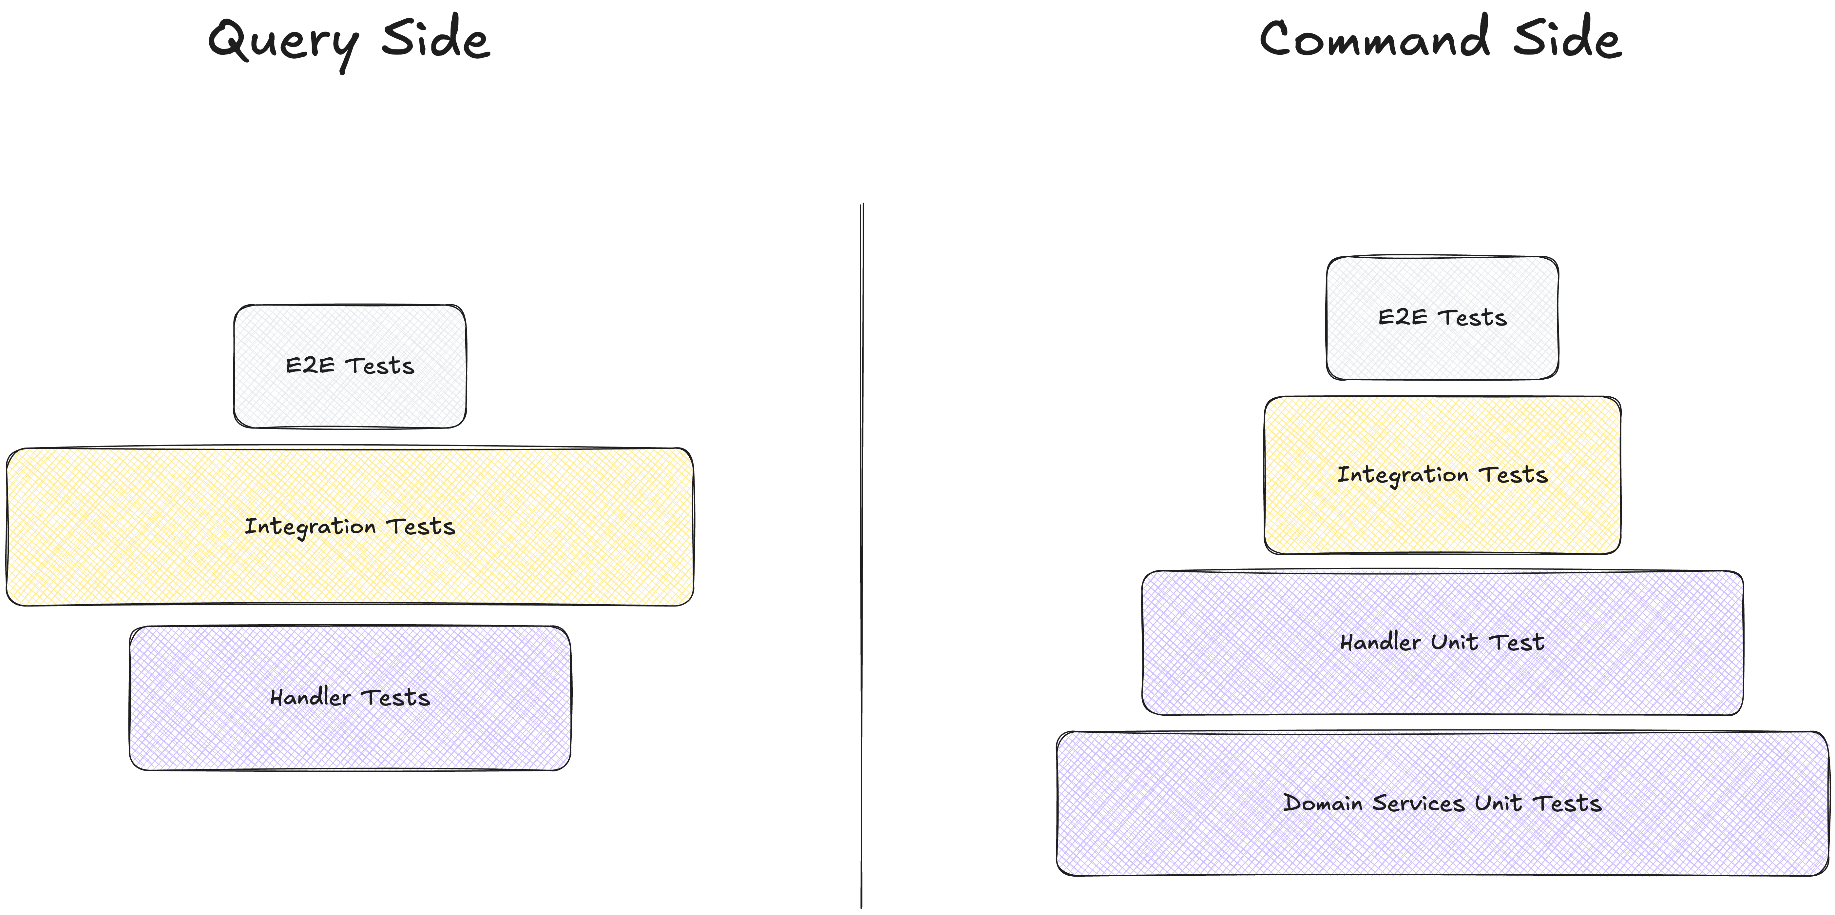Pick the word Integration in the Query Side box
point(310,527)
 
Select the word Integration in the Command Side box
point(1402,475)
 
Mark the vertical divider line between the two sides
point(862,556)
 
